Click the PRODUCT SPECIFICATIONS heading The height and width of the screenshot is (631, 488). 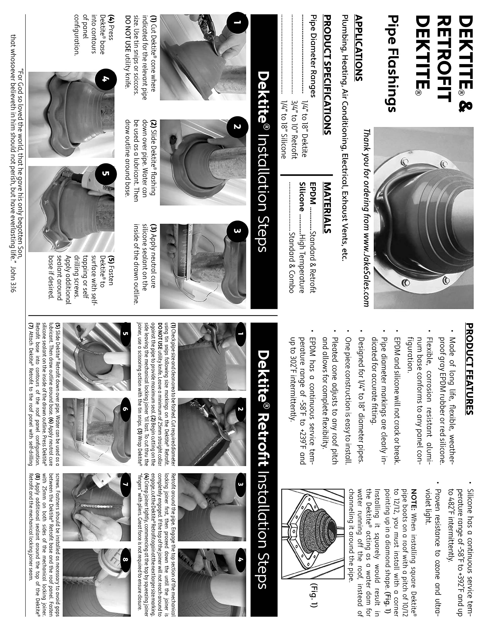click(327, 75)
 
